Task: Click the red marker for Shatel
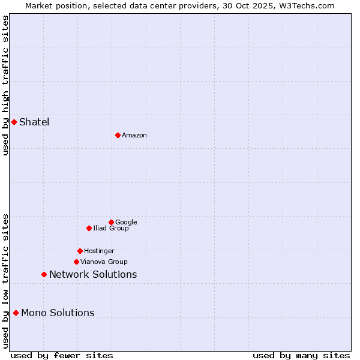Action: click(x=14, y=122)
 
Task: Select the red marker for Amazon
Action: click(x=118, y=135)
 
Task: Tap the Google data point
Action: click(x=111, y=222)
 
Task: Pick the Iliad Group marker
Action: click(x=89, y=228)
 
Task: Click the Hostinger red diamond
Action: click(x=80, y=251)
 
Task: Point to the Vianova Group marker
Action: click(x=76, y=262)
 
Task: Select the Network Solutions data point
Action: click(x=44, y=274)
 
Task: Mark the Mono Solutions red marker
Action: click(x=16, y=313)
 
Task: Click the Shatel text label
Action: click(x=34, y=122)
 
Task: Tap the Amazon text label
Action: click(x=134, y=136)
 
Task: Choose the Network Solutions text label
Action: click(x=93, y=275)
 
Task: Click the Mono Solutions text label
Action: click(x=58, y=313)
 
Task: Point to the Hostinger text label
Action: click(x=99, y=251)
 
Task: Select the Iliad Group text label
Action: click(x=111, y=229)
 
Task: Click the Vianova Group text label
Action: click(x=104, y=262)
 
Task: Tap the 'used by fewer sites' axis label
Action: click(x=62, y=356)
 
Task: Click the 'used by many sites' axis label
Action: click(x=301, y=356)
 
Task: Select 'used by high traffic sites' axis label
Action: click(x=5, y=85)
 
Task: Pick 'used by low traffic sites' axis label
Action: click(x=5, y=281)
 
